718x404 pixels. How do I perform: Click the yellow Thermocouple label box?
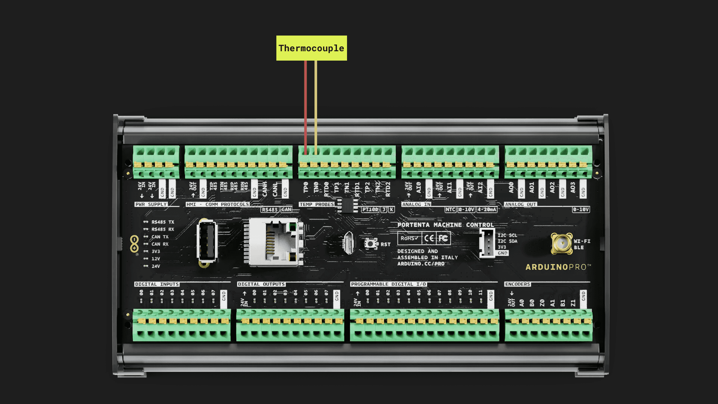[x=312, y=48]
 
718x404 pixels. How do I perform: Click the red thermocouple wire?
[x=306, y=105]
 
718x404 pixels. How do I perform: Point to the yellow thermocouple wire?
[x=316, y=105]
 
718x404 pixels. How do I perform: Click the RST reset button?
[x=370, y=244]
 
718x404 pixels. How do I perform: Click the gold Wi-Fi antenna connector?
[x=562, y=244]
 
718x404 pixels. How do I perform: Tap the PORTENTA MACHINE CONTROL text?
[x=445, y=225]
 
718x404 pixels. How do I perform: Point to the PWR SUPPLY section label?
[x=151, y=205]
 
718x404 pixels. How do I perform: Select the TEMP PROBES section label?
[x=316, y=205]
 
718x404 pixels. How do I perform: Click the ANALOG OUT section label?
[x=521, y=205]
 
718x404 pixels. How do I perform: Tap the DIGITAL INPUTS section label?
[x=157, y=284]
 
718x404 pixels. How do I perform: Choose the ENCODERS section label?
[x=518, y=284]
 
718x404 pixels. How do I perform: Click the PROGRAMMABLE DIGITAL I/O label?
[x=389, y=284]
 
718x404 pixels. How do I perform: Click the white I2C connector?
[x=487, y=243]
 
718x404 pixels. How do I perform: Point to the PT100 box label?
[x=370, y=209]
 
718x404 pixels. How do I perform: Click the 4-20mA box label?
[x=487, y=209]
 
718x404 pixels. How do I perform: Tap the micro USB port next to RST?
[x=348, y=243]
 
